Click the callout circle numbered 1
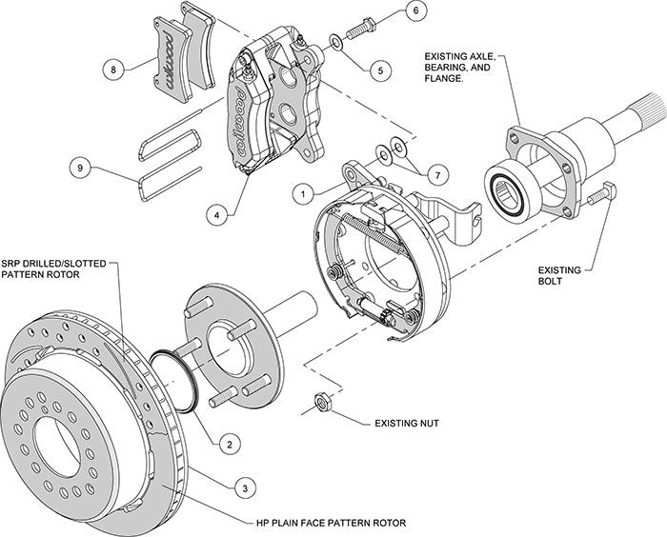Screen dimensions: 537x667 click(x=303, y=191)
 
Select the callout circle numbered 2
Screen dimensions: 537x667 click(x=228, y=443)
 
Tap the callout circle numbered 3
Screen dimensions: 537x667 click(x=246, y=487)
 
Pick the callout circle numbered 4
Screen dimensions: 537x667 click(x=219, y=216)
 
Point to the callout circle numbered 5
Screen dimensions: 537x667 click(x=380, y=70)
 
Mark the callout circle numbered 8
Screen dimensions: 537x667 click(x=113, y=69)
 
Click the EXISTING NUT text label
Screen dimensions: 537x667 click(x=400, y=419)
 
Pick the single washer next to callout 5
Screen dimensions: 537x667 click(x=338, y=43)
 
